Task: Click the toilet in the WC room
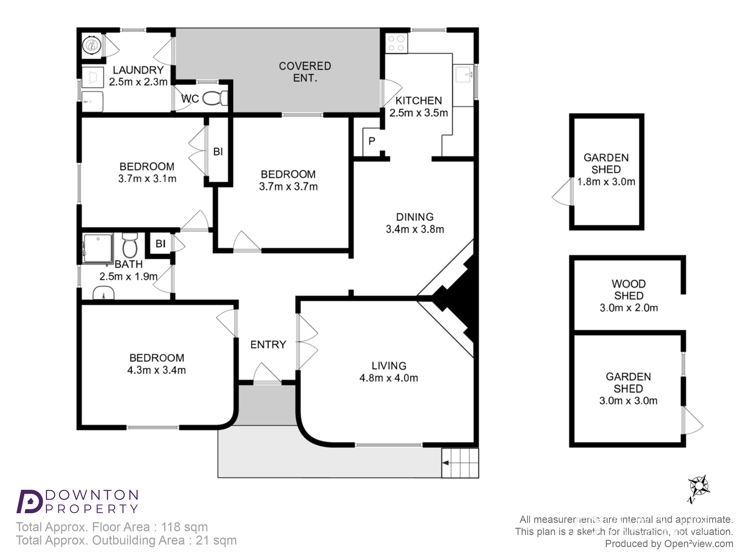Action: pyautogui.click(x=215, y=98)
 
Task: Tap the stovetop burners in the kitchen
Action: pyautogui.click(x=396, y=43)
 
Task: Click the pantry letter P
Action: pyautogui.click(x=372, y=141)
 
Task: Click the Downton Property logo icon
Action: pyautogui.click(x=30, y=501)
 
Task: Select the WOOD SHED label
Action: pyautogui.click(x=628, y=290)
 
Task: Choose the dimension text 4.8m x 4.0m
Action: pyautogui.click(x=389, y=378)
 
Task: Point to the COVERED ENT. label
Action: pyautogui.click(x=305, y=72)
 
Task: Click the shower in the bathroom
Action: pyautogui.click(x=98, y=248)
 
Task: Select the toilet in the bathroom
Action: pyautogui.click(x=130, y=245)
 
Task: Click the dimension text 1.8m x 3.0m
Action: pyautogui.click(x=606, y=182)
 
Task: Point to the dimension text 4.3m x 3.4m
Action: pyautogui.click(x=157, y=370)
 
